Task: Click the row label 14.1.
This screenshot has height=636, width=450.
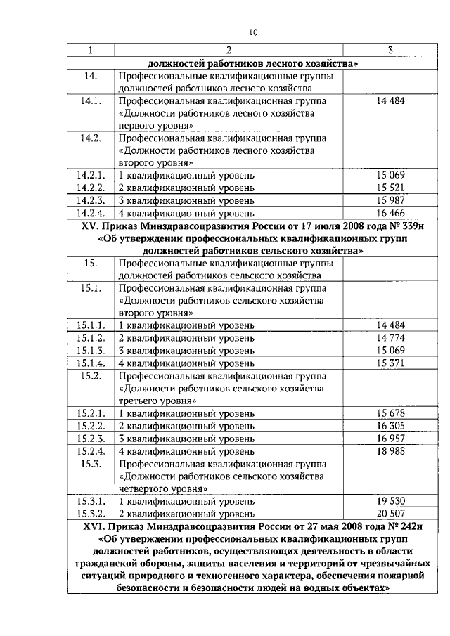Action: [91, 102]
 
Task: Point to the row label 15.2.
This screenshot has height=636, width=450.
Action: [91, 375]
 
